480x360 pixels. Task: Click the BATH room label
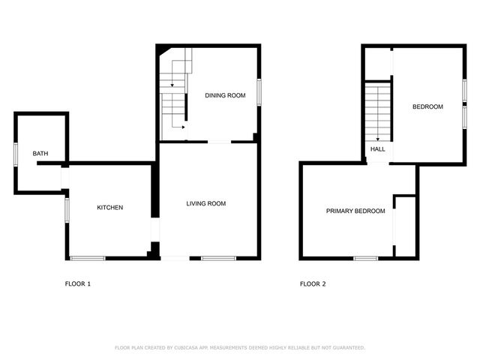coord(40,154)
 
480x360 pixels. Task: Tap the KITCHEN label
coord(109,208)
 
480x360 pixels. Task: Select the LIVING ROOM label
coord(206,204)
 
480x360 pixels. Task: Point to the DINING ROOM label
coord(226,95)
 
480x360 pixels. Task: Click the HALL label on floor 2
coord(378,149)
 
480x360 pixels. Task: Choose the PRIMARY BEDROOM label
coord(355,211)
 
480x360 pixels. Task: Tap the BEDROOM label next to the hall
coord(427,106)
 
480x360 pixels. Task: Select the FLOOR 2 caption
coord(313,284)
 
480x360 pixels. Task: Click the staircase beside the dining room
coord(174,94)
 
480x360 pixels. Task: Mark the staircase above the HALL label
coord(378,111)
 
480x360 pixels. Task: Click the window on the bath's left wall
coord(15,153)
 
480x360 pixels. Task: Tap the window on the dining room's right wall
coord(259,91)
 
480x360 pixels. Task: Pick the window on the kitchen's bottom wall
coord(87,259)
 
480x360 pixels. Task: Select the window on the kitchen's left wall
coord(67,210)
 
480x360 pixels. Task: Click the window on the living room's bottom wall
coord(218,259)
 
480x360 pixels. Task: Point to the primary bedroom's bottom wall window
coord(365,259)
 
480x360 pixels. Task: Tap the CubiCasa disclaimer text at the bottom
coord(240,347)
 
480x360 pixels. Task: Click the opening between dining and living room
coord(219,142)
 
